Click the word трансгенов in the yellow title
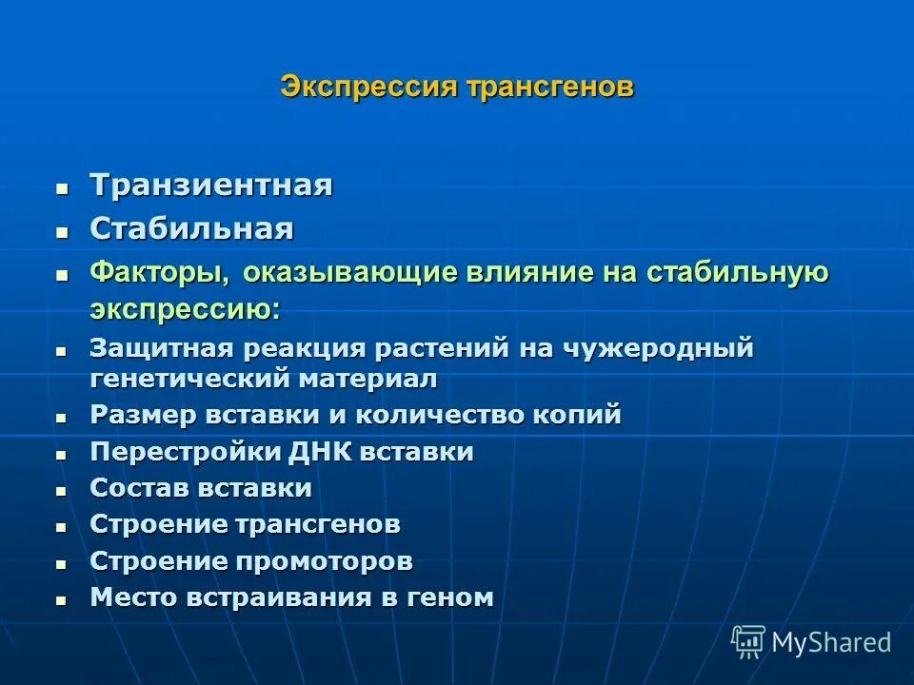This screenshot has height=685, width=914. tap(550, 88)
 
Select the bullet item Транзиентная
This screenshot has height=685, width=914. tap(211, 185)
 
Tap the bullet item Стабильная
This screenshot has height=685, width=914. tap(191, 228)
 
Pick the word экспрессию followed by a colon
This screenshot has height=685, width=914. tap(185, 309)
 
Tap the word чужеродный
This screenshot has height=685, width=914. tap(661, 348)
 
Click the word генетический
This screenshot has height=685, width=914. tap(190, 378)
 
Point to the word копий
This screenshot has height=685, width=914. tap(581, 416)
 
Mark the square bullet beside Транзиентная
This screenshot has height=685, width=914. tap(62, 187)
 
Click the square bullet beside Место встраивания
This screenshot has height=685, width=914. tap(62, 600)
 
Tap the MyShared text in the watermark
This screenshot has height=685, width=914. tap(831, 642)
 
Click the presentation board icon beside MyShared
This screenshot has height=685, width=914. tap(747, 642)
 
